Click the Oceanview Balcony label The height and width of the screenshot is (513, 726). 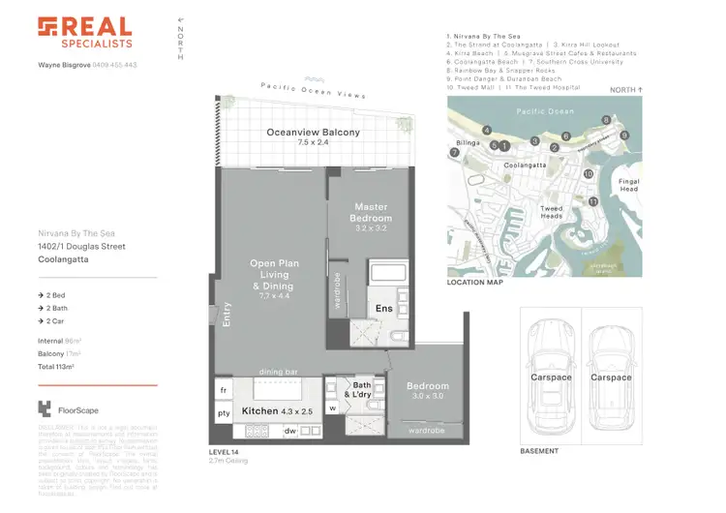coord(313,134)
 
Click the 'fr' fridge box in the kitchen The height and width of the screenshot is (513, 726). coord(224,391)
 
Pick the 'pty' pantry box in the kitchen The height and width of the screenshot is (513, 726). coord(224,413)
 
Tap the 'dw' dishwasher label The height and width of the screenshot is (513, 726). coord(289,430)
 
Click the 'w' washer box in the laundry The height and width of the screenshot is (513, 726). coord(332,408)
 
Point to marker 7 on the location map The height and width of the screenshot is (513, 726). coord(453,152)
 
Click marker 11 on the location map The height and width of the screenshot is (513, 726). coord(593,200)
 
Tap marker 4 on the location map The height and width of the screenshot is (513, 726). coord(487,130)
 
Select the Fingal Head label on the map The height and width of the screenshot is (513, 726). coord(628,184)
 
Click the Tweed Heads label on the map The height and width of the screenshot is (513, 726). coord(551,213)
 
